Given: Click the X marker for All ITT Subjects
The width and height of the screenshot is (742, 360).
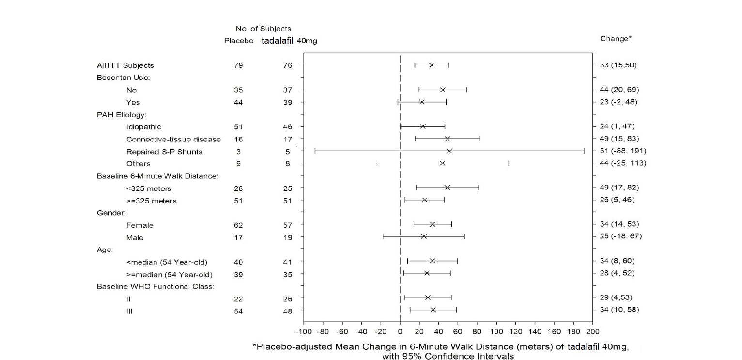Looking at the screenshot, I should coord(432,65).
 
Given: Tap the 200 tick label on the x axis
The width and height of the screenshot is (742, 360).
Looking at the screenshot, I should coord(592,332).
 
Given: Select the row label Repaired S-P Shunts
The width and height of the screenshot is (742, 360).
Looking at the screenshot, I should coord(164,152).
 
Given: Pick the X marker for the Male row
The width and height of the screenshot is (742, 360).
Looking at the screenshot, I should coord(424,236).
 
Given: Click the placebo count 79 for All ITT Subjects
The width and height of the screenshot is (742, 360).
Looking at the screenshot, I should coord(238,65).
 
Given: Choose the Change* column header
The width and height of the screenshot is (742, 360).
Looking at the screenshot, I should coord(616,39).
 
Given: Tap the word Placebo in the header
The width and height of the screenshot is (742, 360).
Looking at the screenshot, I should coord(239,41).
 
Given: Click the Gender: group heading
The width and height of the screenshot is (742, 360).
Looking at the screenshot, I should coord(111,213).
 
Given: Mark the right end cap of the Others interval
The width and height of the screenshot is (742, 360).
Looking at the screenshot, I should coord(509,163).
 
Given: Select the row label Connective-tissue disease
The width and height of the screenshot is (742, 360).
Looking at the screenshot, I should coord(173,140).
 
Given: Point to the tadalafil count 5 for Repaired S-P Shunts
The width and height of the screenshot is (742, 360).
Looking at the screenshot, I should coord(288,151).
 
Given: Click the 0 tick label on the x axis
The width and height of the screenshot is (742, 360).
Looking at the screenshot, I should coord(400,332).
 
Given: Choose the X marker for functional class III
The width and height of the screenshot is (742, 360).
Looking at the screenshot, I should coord(433,310).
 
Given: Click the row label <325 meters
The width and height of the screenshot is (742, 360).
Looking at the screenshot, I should coord(149,188).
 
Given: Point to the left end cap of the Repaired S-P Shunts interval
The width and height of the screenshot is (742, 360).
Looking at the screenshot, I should coord(315,151).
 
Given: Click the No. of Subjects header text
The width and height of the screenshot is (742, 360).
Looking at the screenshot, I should coord(263,29).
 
